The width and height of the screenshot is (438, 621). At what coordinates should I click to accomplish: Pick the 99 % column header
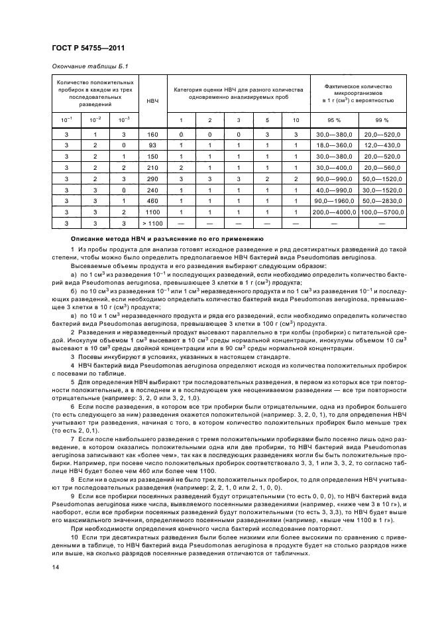381,120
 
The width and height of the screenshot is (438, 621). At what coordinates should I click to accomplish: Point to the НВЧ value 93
152,145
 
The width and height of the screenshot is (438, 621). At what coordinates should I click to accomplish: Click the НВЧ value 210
152,169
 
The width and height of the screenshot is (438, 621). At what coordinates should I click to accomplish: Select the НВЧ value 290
152,180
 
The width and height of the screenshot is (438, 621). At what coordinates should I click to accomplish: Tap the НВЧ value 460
152,200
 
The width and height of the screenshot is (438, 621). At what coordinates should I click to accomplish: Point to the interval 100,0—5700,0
381,212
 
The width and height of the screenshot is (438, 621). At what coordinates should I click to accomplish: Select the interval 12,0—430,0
381,145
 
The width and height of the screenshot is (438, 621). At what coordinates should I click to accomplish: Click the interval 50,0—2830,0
381,200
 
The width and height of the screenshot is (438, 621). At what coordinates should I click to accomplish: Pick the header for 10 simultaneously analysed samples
296,120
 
